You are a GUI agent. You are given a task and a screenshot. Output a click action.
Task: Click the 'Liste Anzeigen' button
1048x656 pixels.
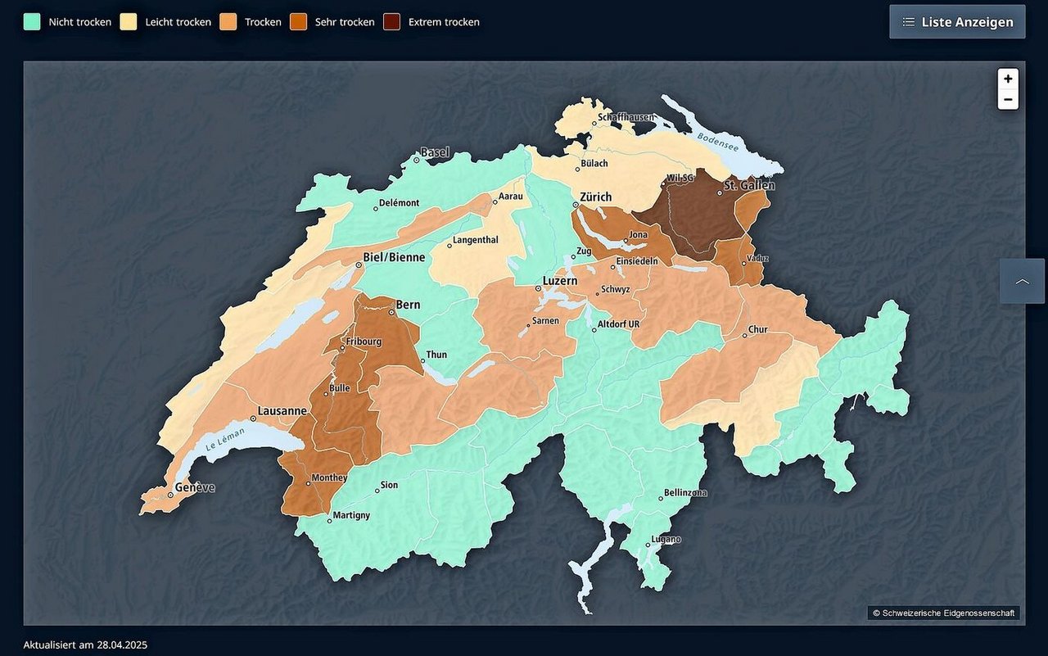pos(957,22)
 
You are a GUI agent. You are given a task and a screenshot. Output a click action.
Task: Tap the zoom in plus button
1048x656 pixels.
pos(1008,79)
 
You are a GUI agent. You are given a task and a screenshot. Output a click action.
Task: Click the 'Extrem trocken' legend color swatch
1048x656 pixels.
pos(391,22)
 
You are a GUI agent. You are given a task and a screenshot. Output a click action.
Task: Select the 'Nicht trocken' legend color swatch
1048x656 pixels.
pos(32,22)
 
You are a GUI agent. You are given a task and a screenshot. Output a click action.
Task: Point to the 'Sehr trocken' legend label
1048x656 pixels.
pos(345,22)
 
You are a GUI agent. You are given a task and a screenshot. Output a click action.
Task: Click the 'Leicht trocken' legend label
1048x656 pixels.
pos(178,22)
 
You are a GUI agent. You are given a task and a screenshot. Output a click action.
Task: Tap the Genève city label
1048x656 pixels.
pos(194,487)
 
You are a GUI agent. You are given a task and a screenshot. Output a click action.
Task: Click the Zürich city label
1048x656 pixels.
pos(595,197)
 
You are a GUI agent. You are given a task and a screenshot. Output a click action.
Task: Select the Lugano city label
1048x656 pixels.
pos(666,540)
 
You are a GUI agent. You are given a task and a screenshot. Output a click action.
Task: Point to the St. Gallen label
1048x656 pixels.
pos(748,185)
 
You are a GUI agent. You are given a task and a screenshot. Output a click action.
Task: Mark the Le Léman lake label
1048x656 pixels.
pos(220,440)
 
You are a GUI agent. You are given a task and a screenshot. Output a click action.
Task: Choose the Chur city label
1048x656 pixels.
pos(758,329)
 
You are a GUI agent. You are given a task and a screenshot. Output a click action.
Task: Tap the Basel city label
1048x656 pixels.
pos(435,152)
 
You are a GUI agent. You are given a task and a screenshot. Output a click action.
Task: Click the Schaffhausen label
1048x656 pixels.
pos(626,117)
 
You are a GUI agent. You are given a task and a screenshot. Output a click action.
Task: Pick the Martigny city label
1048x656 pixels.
pos(351,515)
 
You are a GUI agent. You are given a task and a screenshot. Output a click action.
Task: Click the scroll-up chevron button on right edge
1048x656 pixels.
pos(1022,281)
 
